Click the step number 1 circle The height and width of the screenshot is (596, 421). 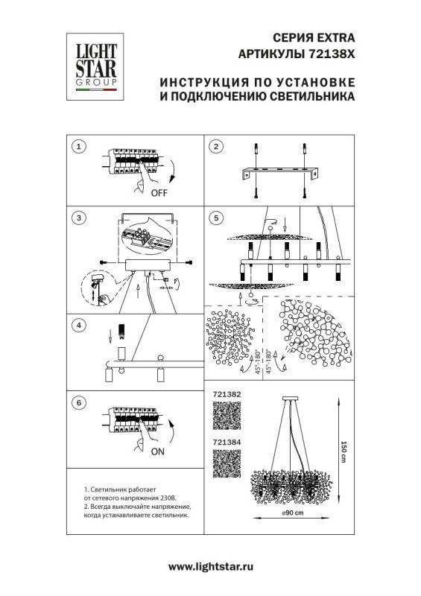[80, 146]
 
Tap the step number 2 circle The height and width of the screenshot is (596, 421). [215, 146]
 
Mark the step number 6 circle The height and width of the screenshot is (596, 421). [80, 402]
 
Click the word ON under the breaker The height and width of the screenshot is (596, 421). [158, 451]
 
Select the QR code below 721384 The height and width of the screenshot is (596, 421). [227, 463]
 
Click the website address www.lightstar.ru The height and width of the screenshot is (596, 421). [210, 567]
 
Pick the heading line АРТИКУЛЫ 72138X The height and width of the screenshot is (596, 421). [296, 54]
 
